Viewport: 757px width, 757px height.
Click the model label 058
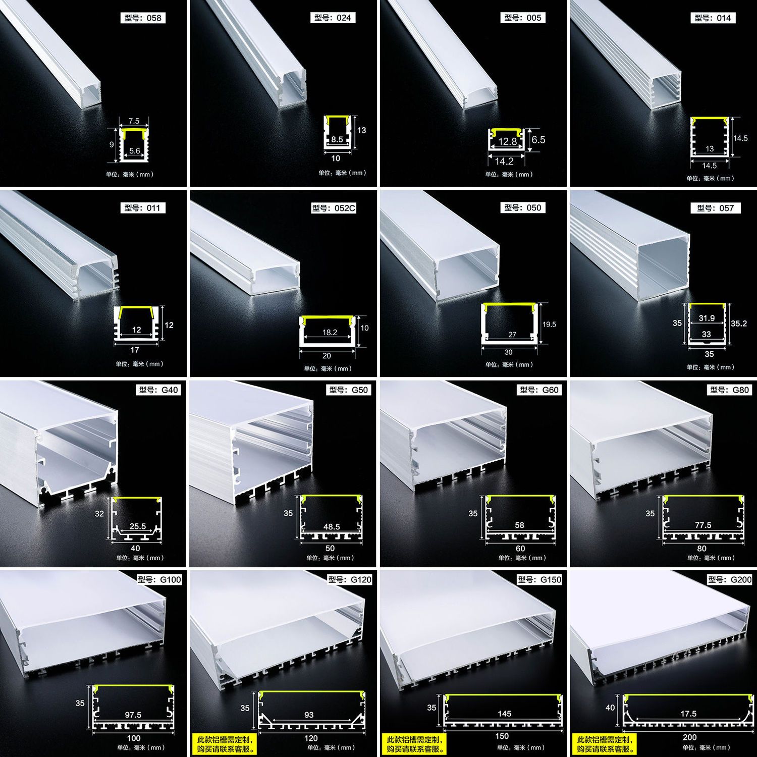pyautogui.click(x=143, y=18)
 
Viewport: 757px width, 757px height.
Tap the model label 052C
pyautogui.click(x=334, y=208)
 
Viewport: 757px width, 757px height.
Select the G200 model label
pyautogui.click(x=730, y=579)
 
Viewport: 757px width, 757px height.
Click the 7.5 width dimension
pyautogui.click(x=134, y=121)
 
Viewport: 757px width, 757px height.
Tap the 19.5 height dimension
pyautogui.click(x=550, y=325)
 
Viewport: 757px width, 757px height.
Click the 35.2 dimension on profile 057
pyautogui.click(x=739, y=323)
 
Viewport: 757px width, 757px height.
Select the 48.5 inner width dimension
pyautogui.click(x=332, y=526)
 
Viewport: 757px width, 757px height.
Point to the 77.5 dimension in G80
pyautogui.click(x=703, y=525)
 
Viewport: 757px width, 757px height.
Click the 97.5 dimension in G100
pyautogui.click(x=133, y=715)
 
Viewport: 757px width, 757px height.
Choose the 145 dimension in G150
pyautogui.click(x=504, y=714)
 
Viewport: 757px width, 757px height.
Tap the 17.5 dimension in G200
pyautogui.click(x=688, y=714)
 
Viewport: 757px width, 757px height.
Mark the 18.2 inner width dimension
pyautogui.click(x=330, y=332)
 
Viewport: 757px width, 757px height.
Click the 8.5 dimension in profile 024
pyautogui.click(x=337, y=139)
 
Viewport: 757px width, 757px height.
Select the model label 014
pyautogui.click(x=713, y=18)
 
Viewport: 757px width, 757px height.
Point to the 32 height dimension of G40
pyautogui.click(x=99, y=514)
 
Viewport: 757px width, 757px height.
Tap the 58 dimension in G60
pyautogui.click(x=519, y=525)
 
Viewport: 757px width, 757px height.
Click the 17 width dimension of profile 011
pyautogui.click(x=135, y=350)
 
